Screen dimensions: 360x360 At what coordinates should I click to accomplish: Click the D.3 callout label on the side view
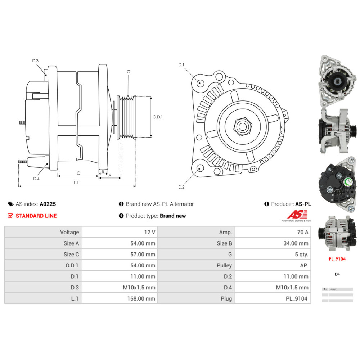35,61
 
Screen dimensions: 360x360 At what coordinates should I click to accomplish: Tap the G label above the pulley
128,72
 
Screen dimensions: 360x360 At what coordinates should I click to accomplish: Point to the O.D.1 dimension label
158,117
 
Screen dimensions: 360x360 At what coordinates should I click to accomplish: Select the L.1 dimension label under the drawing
76,183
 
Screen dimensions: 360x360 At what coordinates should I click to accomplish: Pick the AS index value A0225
48,204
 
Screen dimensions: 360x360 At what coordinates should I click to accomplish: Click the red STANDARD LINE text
36,216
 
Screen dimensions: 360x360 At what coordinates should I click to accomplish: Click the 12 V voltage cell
148,232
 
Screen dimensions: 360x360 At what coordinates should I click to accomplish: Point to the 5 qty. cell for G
301,254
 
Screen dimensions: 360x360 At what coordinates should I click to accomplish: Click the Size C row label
71,254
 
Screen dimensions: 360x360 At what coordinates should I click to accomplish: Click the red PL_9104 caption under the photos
337,258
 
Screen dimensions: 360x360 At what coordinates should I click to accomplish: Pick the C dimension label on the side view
78,173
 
